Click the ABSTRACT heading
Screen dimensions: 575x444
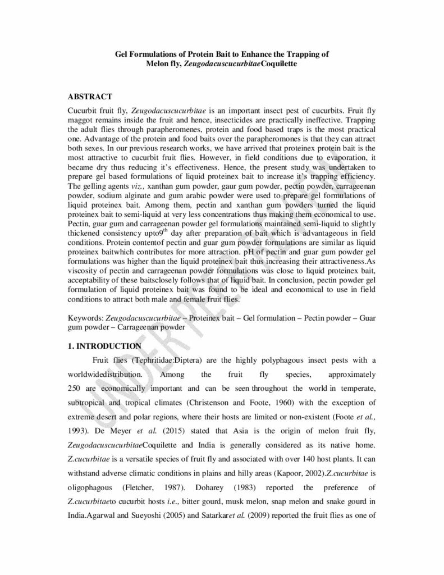pyautogui.click(x=90, y=97)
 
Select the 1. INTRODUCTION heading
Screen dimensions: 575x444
pyautogui.click(x=104, y=346)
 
